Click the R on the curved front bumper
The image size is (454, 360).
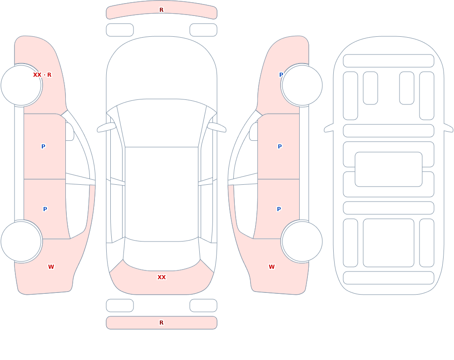click(x=162, y=10)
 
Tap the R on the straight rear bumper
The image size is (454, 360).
click(x=162, y=323)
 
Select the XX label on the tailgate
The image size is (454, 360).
click(x=162, y=277)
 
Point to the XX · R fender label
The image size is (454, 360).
click(x=42, y=75)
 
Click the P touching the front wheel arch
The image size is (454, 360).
click(x=281, y=75)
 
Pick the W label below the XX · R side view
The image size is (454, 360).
click(x=51, y=267)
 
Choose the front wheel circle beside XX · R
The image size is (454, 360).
click(x=21, y=85)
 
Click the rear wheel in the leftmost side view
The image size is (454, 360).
click(x=21, y=241)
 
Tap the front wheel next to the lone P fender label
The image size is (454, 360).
click(x=302, y=85)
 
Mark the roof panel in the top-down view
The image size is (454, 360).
click(x=162, y=193)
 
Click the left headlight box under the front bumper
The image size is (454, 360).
click(x=120, y=30)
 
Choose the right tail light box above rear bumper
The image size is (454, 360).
click(x=203, y=306)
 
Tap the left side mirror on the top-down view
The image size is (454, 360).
click(x=106, y=128)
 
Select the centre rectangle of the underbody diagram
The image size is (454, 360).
click(x=389, y=169)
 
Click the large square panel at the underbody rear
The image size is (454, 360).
click(x=389, y=243)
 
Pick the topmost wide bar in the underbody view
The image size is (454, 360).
click(x=389, y=61)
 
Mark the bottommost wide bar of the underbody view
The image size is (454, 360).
click(x=389, y=278)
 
